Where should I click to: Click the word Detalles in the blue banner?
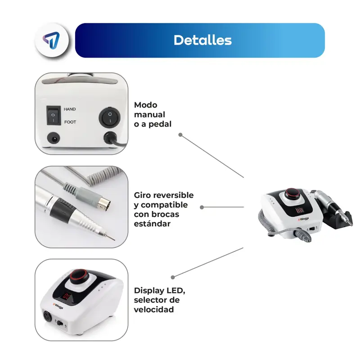[202, 40]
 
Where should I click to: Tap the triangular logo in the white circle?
[51, 40]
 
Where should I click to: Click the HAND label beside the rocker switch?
[70, 109]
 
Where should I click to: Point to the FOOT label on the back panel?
[70, 122]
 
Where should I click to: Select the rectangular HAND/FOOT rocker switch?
[54, 115]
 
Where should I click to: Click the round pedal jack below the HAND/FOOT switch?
[54, 139]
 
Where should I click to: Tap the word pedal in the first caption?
[160, 124]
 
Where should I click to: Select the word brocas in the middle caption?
[166, 214]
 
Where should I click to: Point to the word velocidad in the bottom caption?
[154, 310]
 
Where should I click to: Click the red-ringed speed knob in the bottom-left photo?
[79, 277]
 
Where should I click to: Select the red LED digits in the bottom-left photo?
[66, 296]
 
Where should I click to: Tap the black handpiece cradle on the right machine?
[337, 220]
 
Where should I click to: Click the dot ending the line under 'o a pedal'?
[180, 135]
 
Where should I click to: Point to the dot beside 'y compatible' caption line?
[202, 207]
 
